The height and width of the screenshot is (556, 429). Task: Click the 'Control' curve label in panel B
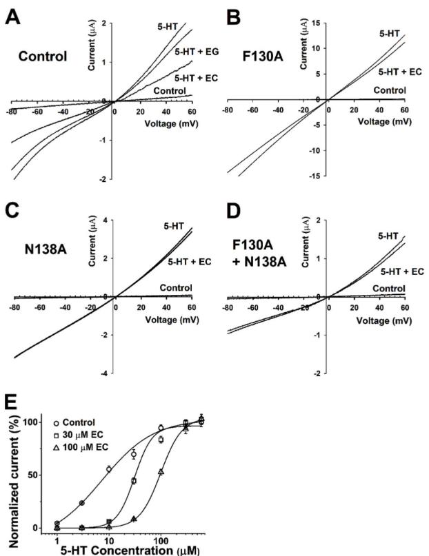click(x=390, y=90)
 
